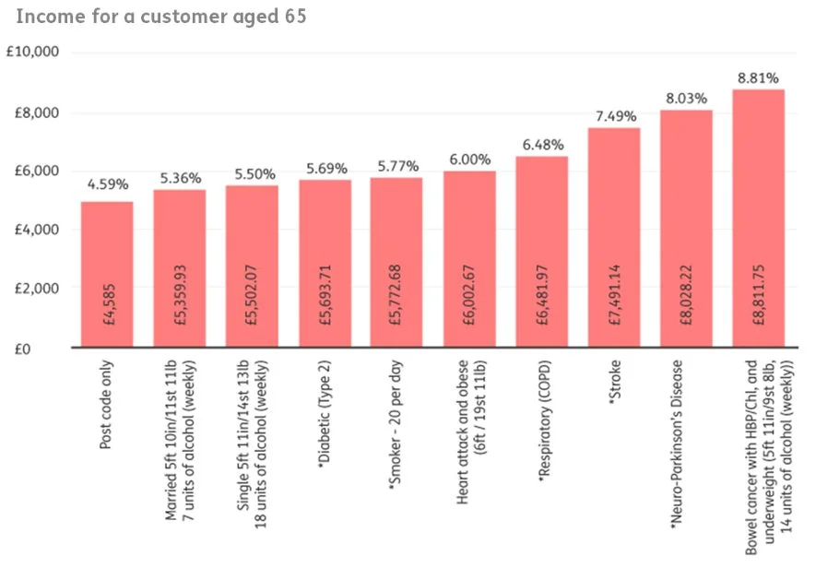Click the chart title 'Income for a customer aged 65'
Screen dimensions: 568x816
coord(160,17)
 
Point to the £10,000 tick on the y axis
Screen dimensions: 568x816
coord(32,52)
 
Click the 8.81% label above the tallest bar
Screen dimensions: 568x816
coord(758,77)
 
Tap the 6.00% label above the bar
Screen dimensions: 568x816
coord(469,159)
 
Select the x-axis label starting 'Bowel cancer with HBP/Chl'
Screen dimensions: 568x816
coord(758,452)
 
